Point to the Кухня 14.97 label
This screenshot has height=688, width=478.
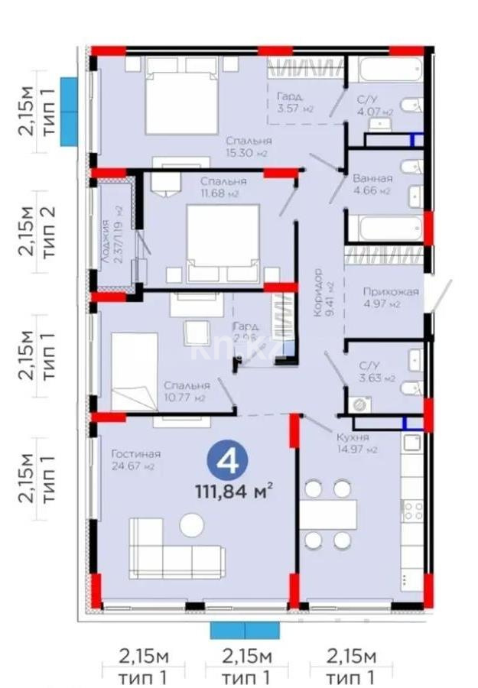coord(353,443)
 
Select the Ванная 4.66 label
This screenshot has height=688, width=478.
coord(372,184)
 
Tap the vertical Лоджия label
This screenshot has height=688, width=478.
coord(112,232)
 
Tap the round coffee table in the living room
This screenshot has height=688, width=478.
coord(191,524)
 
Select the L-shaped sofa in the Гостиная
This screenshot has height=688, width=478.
coord(175,549)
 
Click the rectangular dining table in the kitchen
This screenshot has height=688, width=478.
coord(327,514)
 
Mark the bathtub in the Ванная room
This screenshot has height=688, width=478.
coord(385,229)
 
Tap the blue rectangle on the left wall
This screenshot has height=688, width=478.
coord(69,112)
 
